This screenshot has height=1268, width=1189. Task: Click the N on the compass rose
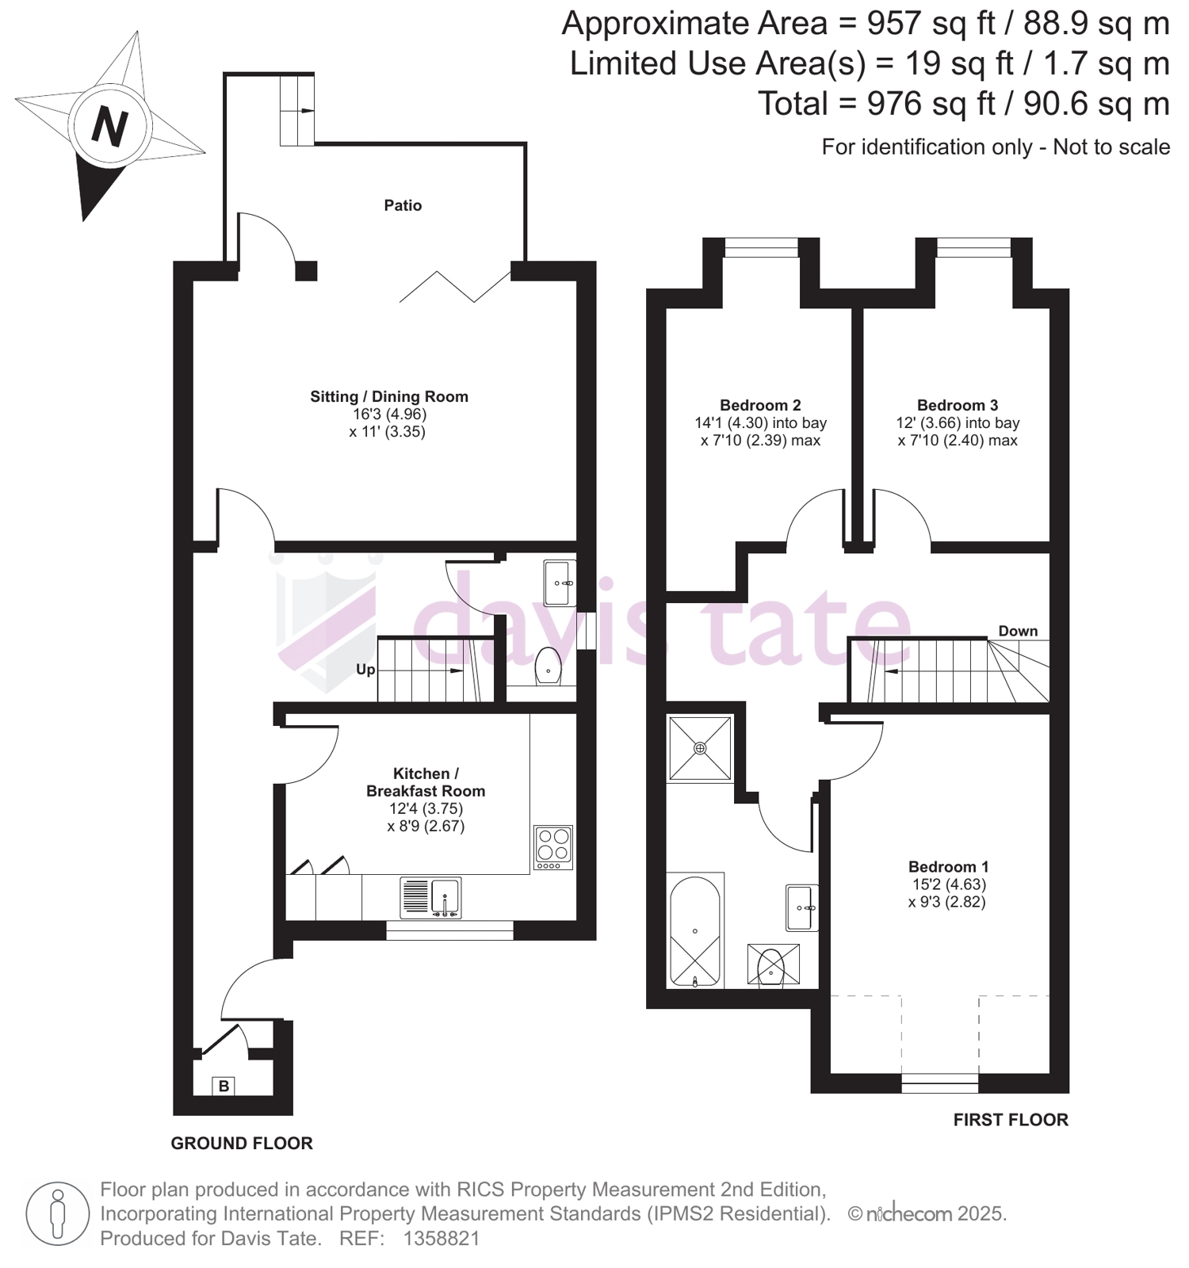tap(109, 126)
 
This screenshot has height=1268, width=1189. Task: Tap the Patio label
tap(403, 205)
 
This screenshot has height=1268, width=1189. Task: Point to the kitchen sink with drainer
tap(430, 898)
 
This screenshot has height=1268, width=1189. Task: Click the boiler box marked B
tap(224, 1086)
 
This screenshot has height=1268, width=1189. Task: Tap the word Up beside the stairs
tap(365, 670)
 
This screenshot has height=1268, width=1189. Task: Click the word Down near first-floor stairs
tap(1018, 631)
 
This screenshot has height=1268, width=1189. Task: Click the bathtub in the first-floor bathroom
tap(695, 931)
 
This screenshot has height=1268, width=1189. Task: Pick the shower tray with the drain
tap(700, 748)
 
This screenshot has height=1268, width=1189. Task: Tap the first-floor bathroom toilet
tap(773, 965)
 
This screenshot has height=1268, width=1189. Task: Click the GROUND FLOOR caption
tap(242, 1143)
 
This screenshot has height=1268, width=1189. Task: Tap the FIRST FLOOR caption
tap(1011, 1120)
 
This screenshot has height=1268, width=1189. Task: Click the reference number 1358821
tap(442, 1239)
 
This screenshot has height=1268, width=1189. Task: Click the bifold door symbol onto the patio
tap(455, 287)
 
